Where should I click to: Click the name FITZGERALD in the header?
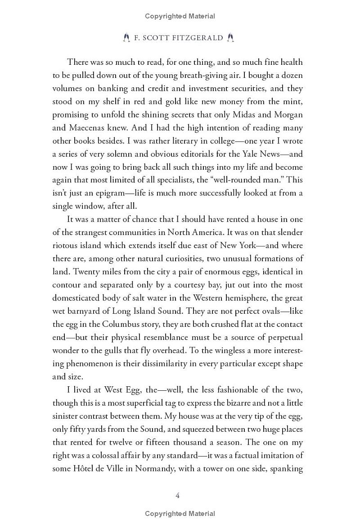click(200, 38)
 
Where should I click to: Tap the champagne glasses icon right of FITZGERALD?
click(230, 38)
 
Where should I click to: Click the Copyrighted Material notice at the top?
click(180, 16)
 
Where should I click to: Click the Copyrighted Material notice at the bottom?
click(180, 513)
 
